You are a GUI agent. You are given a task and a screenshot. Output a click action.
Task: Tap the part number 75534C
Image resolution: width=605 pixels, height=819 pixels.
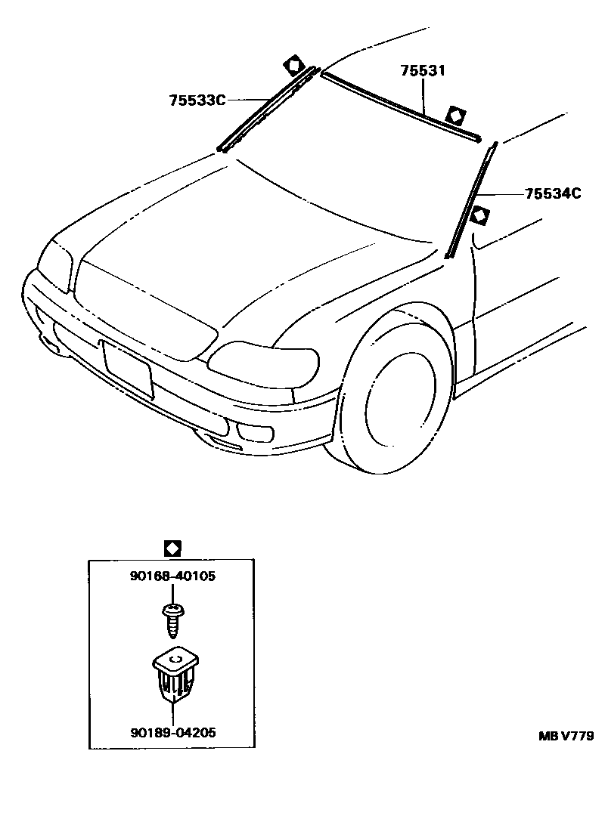[x=553, y=194]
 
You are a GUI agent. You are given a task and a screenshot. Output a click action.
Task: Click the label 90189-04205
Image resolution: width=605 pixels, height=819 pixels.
[x=172, y=732]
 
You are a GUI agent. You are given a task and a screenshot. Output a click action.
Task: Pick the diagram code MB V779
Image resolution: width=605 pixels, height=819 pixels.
[x=566, y=736]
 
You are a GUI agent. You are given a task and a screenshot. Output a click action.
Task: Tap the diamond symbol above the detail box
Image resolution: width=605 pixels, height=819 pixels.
[x=172, y=547]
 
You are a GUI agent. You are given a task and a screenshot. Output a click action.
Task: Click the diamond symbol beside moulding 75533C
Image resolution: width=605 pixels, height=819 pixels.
[x=293, y=64]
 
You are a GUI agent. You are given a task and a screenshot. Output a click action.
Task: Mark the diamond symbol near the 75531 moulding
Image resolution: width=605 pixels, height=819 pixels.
[x=455, y=116]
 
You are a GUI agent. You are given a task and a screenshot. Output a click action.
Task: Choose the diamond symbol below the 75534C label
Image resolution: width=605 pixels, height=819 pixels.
[x=479, y=216]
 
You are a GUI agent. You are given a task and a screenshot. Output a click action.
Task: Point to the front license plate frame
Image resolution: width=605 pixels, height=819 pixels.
[x=128, y=368]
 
